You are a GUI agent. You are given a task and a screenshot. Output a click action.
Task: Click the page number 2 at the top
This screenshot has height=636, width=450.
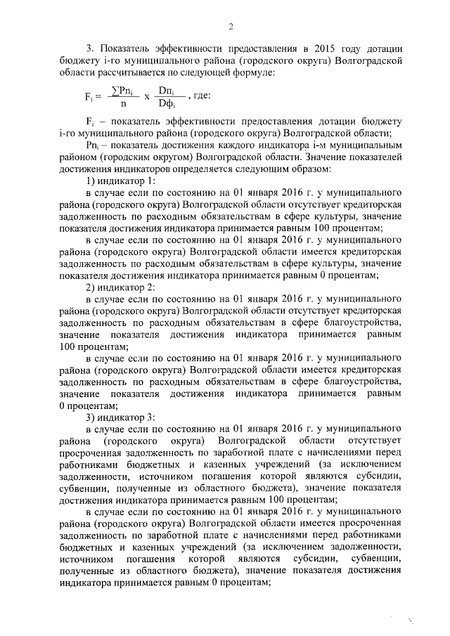pos(230,27)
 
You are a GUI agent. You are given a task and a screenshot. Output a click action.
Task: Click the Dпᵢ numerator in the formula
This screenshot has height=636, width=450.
pos(167,91)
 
